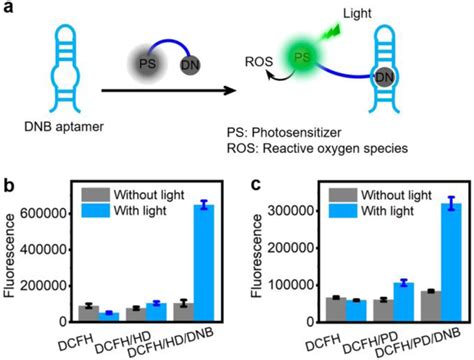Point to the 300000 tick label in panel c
tap(291, 213)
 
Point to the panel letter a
tap(8, 10)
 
